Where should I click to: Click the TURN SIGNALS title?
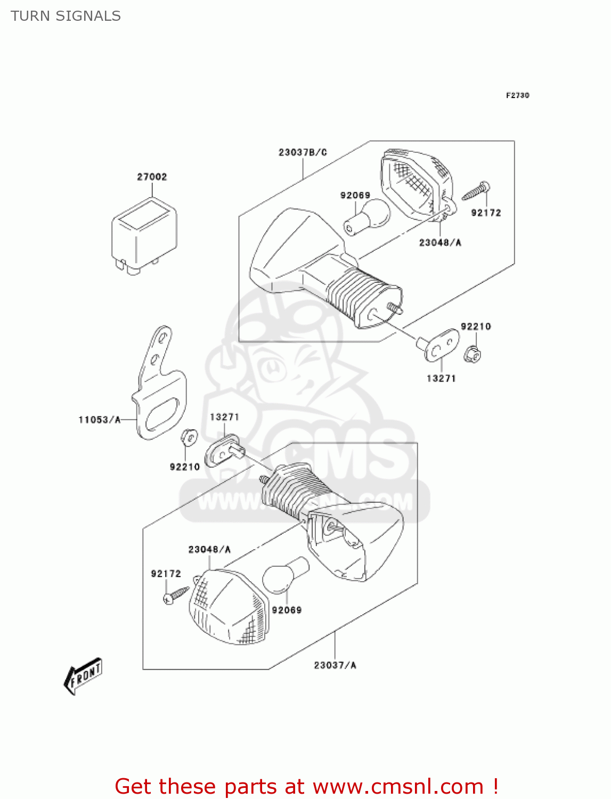pyautogui.click(x=66, y=16)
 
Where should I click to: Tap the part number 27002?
pyautogui.click(x=152, y=177)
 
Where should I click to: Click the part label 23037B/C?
pyautogui.click(x=303, y=152)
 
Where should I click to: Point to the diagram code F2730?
pyautogui.click(x=517, y=95)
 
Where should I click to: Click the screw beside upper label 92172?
pyautogui.click(x=476, y=191)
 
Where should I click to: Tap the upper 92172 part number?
pyautogui.click(x=486, y=213)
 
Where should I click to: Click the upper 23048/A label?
pyautogui.click(x=440, y=242)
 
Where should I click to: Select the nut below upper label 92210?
pyautogui.click(x=472, y=352)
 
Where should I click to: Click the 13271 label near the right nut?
pyautogui.click(x=441, y=378)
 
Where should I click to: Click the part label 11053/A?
pyautogui.click(x=100, y=420)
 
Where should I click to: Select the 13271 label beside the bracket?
pyautogui.click(x=224, y=417)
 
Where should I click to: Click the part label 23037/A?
pyautogui.click(x=335, y=665)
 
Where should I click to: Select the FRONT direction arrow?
pyautogui.click(x=83, y=675)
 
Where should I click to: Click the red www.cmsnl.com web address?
pyautogui.click(x=397, y=786)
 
